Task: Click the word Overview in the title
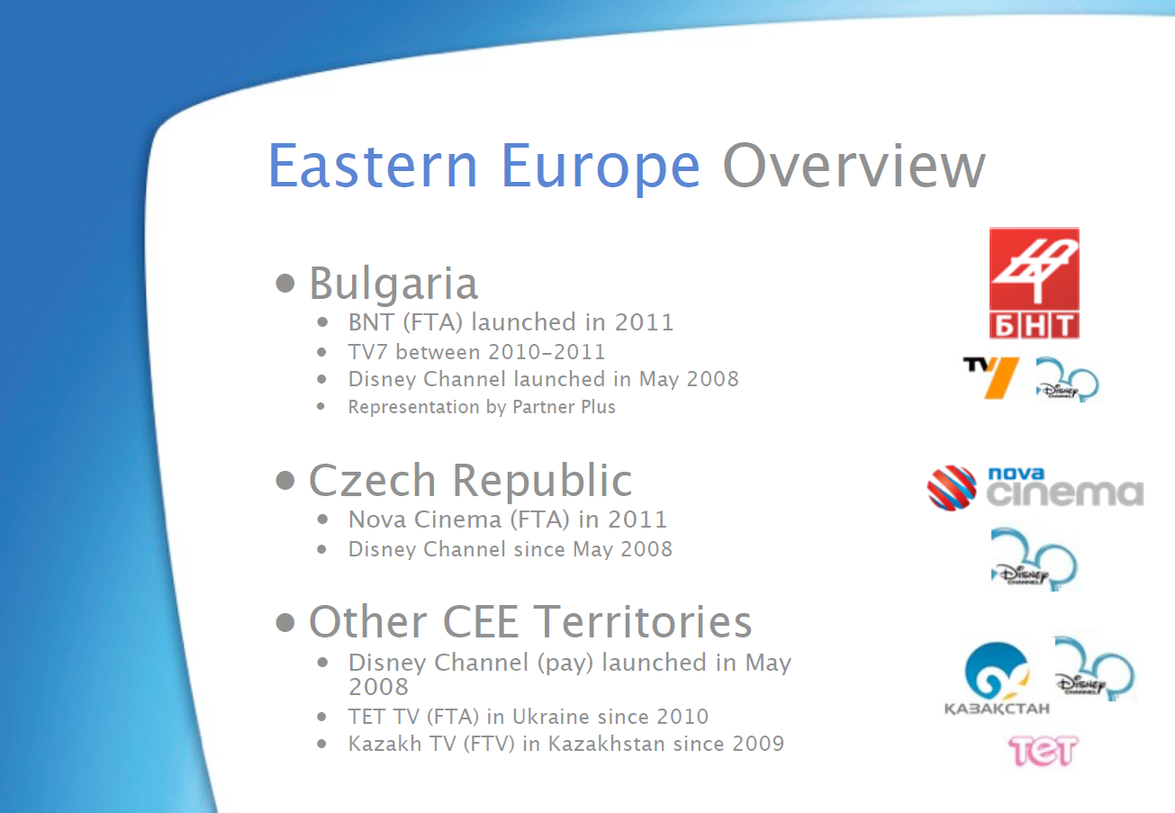854,166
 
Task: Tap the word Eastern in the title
373,166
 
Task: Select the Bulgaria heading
393,284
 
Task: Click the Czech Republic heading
470,481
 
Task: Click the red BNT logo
1034,284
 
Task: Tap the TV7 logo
990,377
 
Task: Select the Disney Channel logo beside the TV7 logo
1067,379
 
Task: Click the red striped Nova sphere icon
952,488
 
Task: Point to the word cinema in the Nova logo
1065,493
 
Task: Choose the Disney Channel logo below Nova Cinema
1034,559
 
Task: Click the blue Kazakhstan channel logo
997,678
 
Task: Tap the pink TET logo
1043,751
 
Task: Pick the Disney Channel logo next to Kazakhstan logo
1095,668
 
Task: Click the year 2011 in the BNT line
644,322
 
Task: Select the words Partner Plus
564,407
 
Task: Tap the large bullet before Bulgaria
285,284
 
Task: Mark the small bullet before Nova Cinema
322,519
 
